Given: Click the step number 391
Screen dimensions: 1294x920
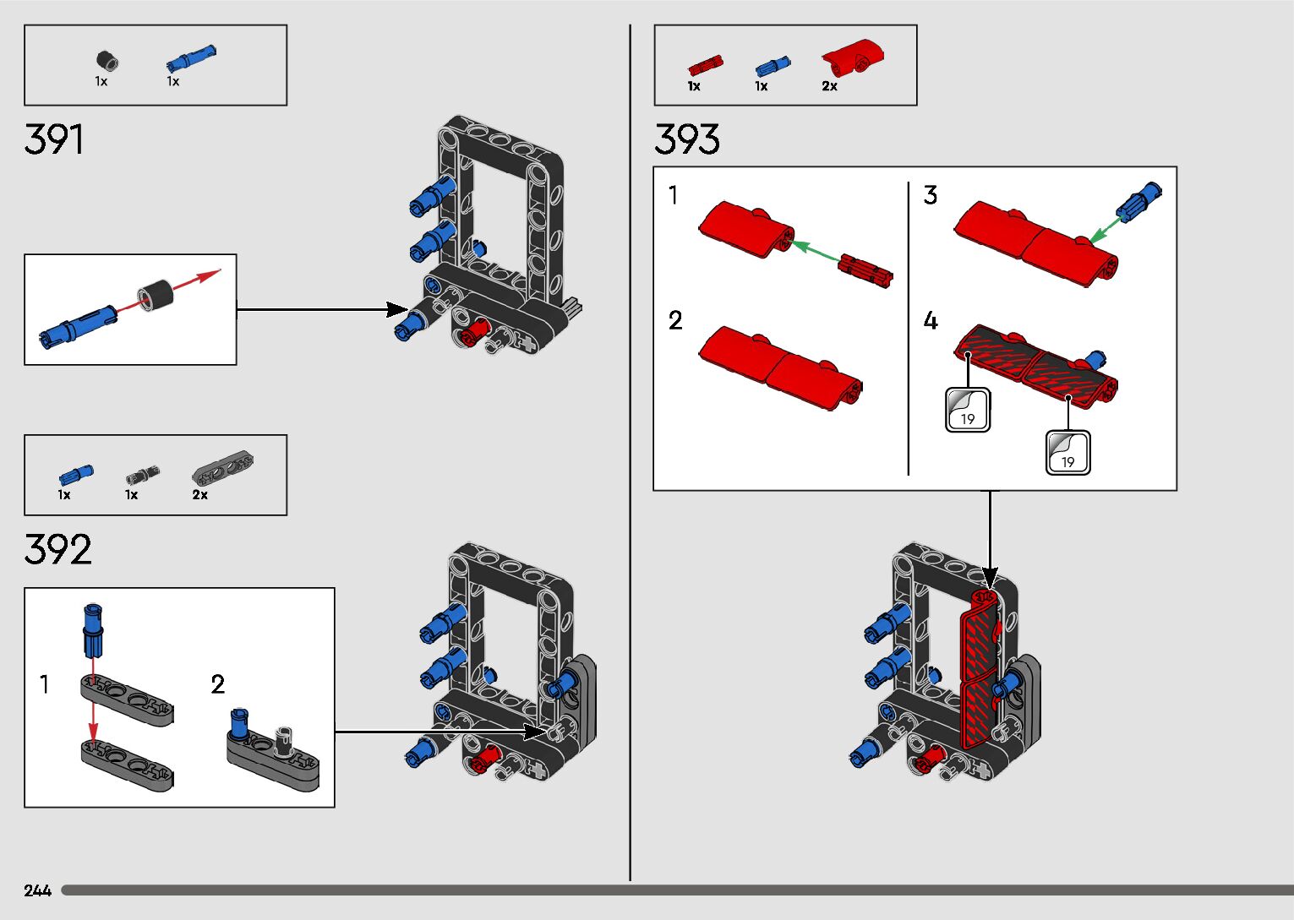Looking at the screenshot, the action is tap(54, 139).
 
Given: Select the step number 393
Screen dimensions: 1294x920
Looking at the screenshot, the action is tap(687, 139).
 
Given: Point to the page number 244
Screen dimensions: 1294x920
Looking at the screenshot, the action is tap(37, 890).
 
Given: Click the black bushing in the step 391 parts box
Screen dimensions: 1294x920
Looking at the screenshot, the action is tap(106, 61).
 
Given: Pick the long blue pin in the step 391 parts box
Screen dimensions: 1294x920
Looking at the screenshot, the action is tap(191, 58).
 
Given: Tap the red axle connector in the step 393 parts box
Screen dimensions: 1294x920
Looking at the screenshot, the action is tap(706, 65).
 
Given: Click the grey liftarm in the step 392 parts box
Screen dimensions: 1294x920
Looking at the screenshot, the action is tap(222, 467).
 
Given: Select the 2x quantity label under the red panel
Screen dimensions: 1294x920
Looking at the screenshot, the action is tap(829, 86).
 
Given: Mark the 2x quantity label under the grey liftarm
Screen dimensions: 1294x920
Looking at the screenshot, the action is tap(199, 495).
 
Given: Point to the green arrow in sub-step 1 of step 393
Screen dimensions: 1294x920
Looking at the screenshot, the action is tap(816, 252).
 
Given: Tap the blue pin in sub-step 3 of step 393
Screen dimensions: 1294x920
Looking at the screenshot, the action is tap(1138, 200).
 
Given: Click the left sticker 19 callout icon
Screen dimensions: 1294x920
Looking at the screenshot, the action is tap(968, 410).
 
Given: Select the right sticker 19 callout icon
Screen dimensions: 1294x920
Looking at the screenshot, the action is tap(1068, 453).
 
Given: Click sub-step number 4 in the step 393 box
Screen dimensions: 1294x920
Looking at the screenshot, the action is tap(931, 320).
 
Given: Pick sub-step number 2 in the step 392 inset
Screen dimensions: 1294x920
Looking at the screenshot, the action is tap(218, 684).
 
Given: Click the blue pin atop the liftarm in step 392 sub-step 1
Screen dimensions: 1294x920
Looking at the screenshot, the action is tap(93, 631).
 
